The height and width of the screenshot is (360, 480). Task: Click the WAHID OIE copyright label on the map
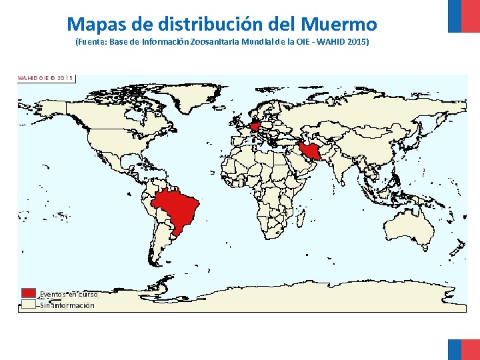coord(45,77)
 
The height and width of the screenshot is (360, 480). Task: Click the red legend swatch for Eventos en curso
coord(28,293)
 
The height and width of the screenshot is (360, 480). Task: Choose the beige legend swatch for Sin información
coord(28,305)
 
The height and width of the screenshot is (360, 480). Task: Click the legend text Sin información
coord(67,305)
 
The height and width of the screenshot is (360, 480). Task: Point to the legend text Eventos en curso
coord(69,294)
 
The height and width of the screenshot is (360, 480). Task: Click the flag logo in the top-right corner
coord(463,16)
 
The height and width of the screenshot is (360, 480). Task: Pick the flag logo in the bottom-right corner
coord(463,348)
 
